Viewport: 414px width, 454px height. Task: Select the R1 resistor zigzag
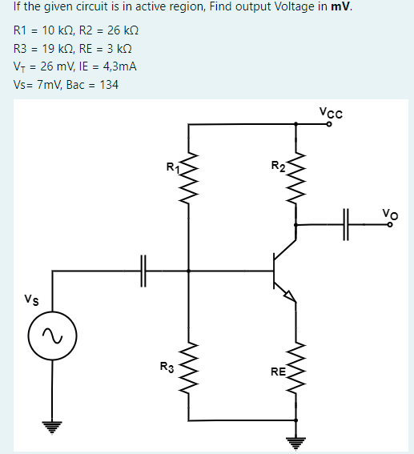(x=189, y=170)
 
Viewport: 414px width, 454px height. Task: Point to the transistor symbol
(x=282, y=272)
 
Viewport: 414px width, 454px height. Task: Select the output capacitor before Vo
(x=348, y=225)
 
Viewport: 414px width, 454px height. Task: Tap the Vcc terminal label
(x=330, y=113)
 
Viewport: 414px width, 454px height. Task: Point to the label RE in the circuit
(x=276, y=372)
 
